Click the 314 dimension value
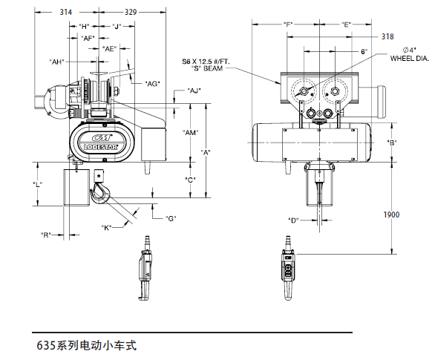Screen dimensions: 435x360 tap(66, 12)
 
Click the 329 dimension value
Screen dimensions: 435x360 tap(131, 12)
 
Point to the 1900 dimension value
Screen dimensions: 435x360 tap(391, 215)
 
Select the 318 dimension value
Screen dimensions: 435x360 tap(387, 36)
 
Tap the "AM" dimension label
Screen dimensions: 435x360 tap(191, 133)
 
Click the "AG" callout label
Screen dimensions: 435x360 tap(153, 83)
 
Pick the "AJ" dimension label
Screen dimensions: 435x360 tap(194, 91)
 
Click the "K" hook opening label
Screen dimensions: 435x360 tap(106, 228)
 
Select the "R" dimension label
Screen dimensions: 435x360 tap(46, 235)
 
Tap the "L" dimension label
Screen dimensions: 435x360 tap(37, 184)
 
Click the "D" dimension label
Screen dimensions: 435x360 tap(293, 220)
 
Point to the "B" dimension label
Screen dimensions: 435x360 tap(392, 143)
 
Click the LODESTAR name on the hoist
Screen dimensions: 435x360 tap(101, 146)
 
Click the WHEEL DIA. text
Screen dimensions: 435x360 tap(410, 58)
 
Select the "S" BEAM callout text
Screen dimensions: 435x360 tap(207, 68)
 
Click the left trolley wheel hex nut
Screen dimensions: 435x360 tap(304, 91)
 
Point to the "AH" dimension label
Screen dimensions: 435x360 tap(57, 62)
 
